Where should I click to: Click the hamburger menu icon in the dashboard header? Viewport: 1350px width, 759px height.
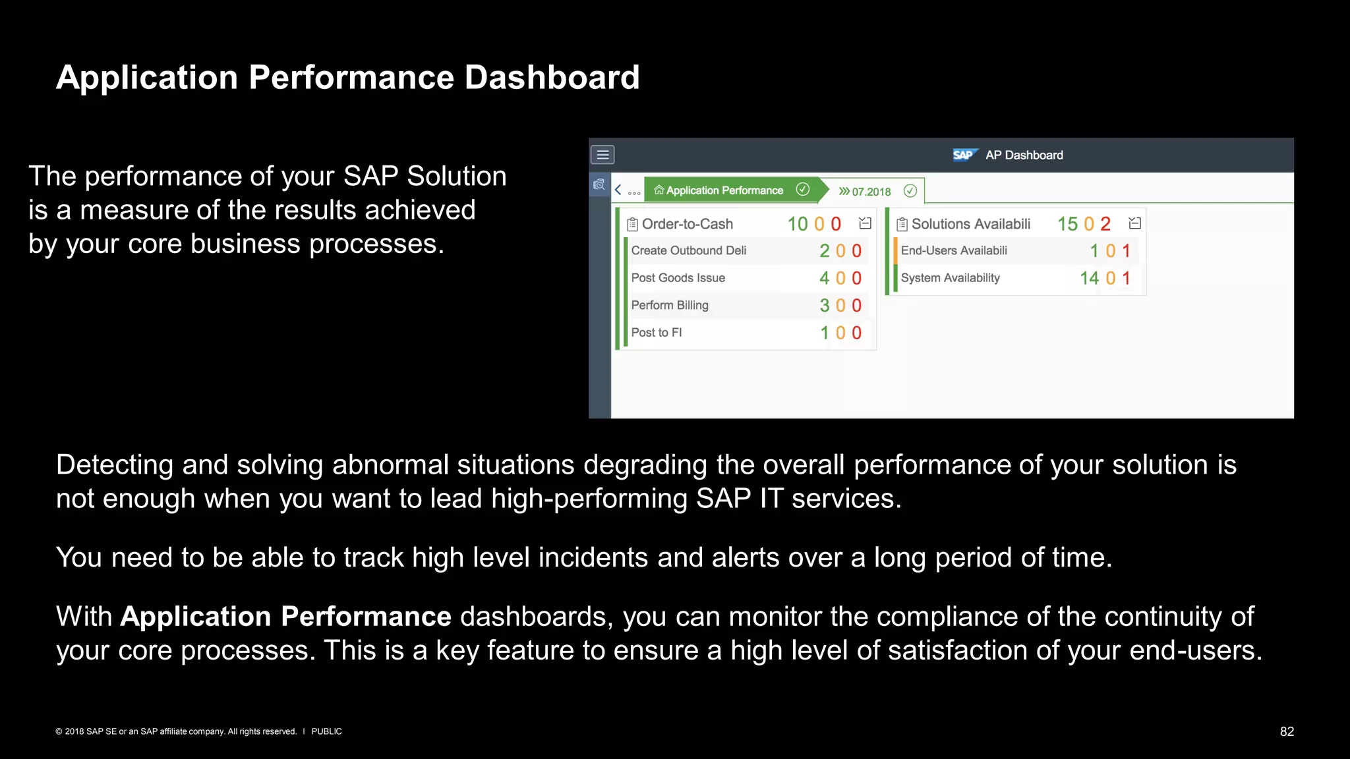pyautogui.click(x=602, y=155)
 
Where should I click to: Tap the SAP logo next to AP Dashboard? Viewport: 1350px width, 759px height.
pyautogui.click(x=964, y=155)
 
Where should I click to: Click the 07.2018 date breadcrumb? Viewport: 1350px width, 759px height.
pyautogui.click(x=871, y=192)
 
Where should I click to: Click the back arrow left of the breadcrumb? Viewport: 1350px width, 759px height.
pyautogui.click(x=618, y=190)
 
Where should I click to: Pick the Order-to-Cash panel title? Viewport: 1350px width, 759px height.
pyautogui.click(x=687, y=224)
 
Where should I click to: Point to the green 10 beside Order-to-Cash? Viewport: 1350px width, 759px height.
pyautogui.click(x=798, y=224)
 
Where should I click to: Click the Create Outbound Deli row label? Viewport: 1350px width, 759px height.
pyautogui.click(x=688, y=250)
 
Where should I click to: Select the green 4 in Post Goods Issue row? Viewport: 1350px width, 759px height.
pyautogui.click(x=824, y=278)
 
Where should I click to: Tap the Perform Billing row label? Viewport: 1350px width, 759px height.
pyautogui.click(x=669, y=305)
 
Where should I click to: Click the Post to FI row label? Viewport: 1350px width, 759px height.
pyautogui.click(x=656, y=333)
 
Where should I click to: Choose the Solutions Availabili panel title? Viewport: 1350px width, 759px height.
pyautogui.click(x=970, y=224)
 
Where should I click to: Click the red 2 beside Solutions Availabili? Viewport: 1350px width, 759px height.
pyautogui.click(x=1105, y=224)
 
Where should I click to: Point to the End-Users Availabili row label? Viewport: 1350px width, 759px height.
pyautogui.click(x=953, y=250)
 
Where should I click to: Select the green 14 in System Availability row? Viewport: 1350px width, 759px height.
pyautogui.click(x=1089, y=278)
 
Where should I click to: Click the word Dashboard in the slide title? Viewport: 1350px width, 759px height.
pyautogui.click(x=552, y=78)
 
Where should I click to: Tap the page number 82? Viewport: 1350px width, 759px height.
pyautogui.click(x=1287, y=731)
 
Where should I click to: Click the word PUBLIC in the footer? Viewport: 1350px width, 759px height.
pyautogui.click(x=326, y=731)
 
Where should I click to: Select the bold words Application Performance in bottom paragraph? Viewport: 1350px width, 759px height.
pyautogui.click(x=285, y=617)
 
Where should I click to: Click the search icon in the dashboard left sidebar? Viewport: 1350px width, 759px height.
pyautogui.click(x=599, y=185)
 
